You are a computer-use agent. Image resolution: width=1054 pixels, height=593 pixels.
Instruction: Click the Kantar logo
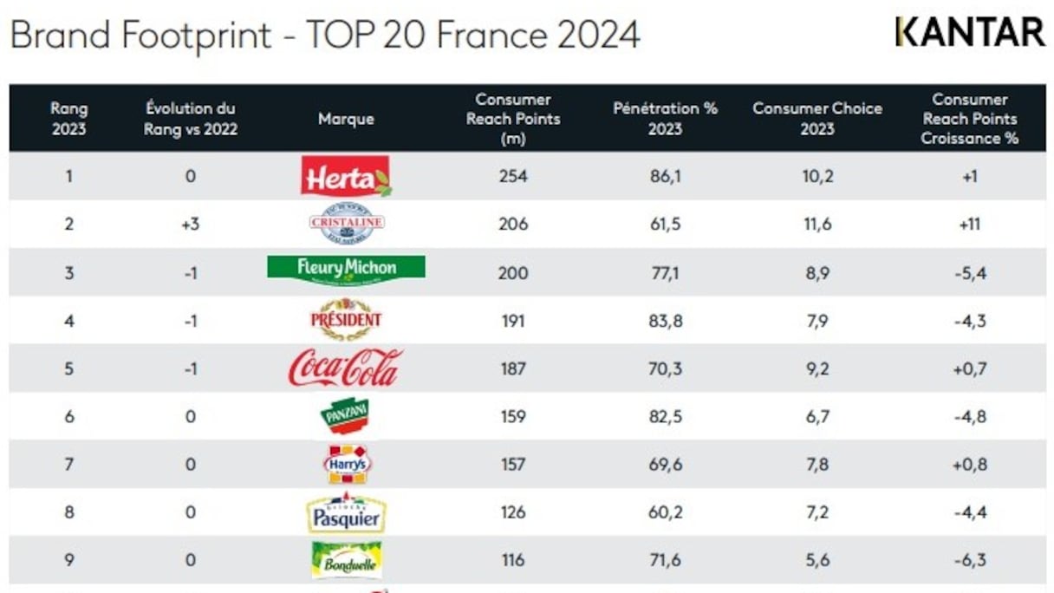(x=970, y=32)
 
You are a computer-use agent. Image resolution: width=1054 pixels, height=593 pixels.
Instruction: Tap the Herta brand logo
(x=346, y=176)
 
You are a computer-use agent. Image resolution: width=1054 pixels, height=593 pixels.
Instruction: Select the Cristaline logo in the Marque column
(x=346, y=224)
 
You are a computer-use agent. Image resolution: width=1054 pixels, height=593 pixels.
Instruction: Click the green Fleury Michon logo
(x=346, y=270)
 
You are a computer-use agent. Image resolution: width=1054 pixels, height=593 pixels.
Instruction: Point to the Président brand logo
(x=346, y=319)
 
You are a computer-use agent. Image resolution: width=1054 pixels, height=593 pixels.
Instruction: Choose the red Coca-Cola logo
(x=345, y=368)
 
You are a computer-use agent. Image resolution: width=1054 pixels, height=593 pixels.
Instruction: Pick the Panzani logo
(x=346, y=416)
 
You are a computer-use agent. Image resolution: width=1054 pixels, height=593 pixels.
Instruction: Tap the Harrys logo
(x=347, y=465)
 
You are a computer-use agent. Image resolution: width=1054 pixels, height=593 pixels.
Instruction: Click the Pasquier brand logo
(x=346, y=513)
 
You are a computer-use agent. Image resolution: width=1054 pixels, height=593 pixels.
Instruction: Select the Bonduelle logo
(x=346, y=560)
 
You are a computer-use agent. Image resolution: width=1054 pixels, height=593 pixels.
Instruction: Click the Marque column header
(x=346, y=119)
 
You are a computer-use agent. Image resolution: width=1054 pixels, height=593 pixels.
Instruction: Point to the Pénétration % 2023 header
(x=665, y=119)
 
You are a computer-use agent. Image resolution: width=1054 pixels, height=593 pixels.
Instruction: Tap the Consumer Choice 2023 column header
(x=817, y=119)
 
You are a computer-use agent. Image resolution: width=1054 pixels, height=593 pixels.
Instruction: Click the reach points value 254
(x=513, y=176)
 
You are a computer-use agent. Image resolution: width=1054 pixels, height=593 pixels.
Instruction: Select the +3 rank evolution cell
(x=190, y=225)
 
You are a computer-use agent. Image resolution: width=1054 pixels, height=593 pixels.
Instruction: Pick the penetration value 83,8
(x=665, y=321)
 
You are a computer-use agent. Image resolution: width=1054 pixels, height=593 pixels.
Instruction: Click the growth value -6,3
(x=969, y=560)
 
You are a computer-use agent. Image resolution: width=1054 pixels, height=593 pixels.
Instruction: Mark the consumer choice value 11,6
(x=817, y=225)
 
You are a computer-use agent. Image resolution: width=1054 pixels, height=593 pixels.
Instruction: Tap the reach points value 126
(x=513, y=512)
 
